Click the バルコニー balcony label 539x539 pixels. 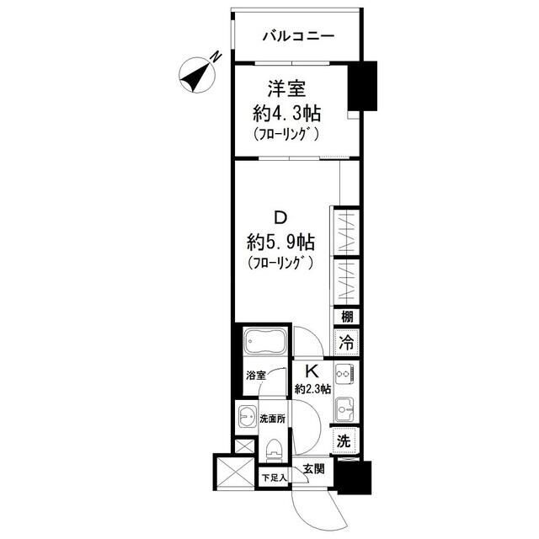click(298, 35)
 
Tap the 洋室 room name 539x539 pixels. click(286, 89)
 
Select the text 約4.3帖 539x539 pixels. click(286, 114)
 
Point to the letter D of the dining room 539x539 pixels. click(280, 217)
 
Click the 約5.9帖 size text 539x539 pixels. click(280, 242)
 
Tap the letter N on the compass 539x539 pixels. click(216, 57)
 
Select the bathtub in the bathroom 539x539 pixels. click(264, 340)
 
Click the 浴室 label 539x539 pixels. click(256, 376)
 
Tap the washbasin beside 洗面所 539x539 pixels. click(248, 417)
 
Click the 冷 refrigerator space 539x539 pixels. click(346, 342)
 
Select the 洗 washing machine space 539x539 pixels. click(345, 441)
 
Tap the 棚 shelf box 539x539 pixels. click(347, 317)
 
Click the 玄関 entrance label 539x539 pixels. click(313, 468)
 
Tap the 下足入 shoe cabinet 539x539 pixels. click(273, 478)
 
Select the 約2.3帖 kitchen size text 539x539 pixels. click(312, 389)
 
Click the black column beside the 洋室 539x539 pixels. click(363, 86)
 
